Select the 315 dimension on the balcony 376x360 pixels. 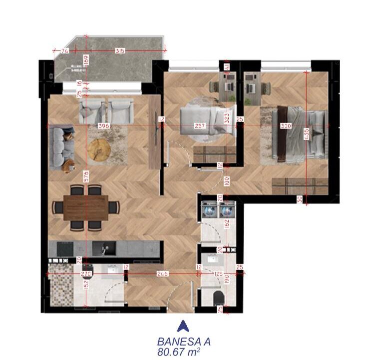(119, 51)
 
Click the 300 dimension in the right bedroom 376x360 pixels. (286, 126)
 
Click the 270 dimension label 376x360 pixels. (86, 274)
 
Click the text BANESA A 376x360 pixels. (184, 342)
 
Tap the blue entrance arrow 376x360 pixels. (184, 326)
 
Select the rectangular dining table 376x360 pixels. (86, 207)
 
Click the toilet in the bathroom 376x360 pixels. (218, 299)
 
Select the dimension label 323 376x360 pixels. (226, 118)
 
